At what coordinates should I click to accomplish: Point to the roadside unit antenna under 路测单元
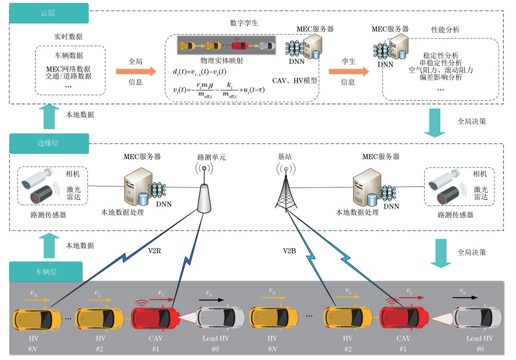click(204, 193)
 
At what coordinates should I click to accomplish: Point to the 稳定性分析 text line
click(441, 55)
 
